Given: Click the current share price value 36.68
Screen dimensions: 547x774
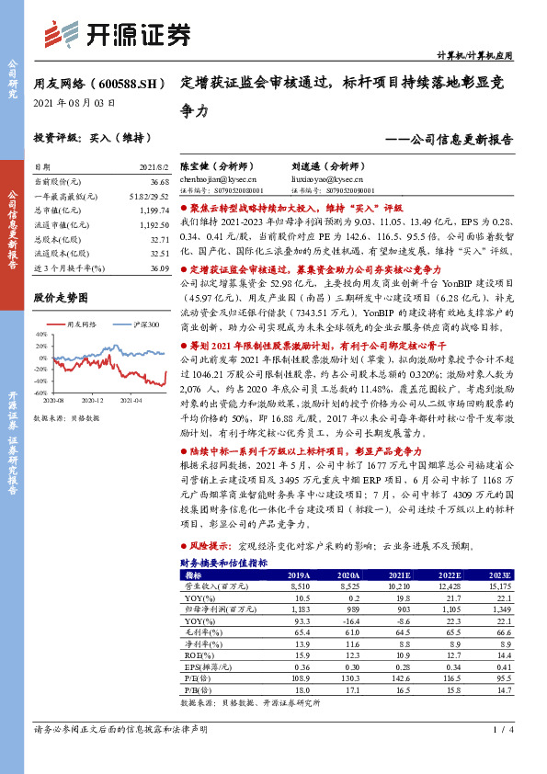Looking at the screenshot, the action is (x=159, y=182).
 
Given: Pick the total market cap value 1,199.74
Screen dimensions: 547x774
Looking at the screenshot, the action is (x=156, y=210).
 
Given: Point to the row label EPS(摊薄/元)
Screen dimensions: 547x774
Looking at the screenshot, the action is (x=207, y=666).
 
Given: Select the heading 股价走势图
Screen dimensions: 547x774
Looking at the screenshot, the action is (x=60, y=298).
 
